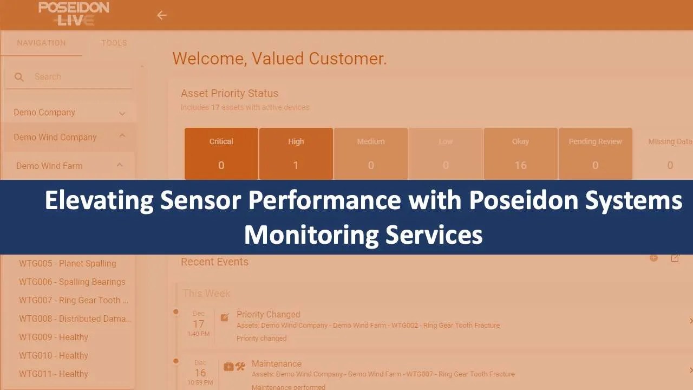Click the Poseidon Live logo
click(x=74, y=14)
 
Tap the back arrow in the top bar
click(x=161, y=15)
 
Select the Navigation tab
click(x=41, y=43)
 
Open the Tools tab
click(x=114, y=43)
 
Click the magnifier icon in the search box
click(x=19, y=77)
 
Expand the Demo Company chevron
click(x=122, y=113)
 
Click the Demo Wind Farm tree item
click(x=49, y=166)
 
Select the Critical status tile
click(x=221, y=153)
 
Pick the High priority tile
click(x=296, y=153)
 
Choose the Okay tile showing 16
click(x=520, y=153)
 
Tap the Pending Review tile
click(x=595, y=153)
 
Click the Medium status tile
click(x=371, y=153)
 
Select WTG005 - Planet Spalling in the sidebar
click(x=68, y=263)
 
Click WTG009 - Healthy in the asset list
click(x=54, y=337)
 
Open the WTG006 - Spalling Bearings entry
click(x=72, y=282)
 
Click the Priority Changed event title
click(x=268, y=314)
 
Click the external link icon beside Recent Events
click(x=675, y=258)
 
